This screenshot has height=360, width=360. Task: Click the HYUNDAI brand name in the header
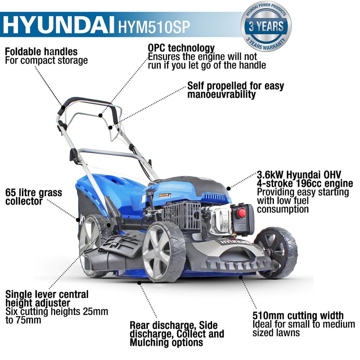click(x=58, y=24)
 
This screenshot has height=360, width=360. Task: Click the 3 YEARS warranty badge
click(x=266, y=26)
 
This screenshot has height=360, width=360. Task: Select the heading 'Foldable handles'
click(x=41, y=51)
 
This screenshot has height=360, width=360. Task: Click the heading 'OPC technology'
click(x=181, y=48)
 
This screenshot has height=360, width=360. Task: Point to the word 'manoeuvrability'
click(x=221, y=94)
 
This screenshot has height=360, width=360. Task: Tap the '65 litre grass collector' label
click(x=34, y=197)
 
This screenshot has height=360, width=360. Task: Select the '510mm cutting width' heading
click(x=298, y=316)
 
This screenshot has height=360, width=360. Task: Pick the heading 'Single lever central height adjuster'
click(x=47, y=298)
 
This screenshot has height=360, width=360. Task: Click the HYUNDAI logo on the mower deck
click(x=234, y=242)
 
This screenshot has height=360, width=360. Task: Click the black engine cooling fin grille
click(x=182, y=216)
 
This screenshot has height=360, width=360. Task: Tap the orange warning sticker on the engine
click(x=165, y=195)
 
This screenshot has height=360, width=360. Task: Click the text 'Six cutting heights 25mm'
click(x=57, y=311)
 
